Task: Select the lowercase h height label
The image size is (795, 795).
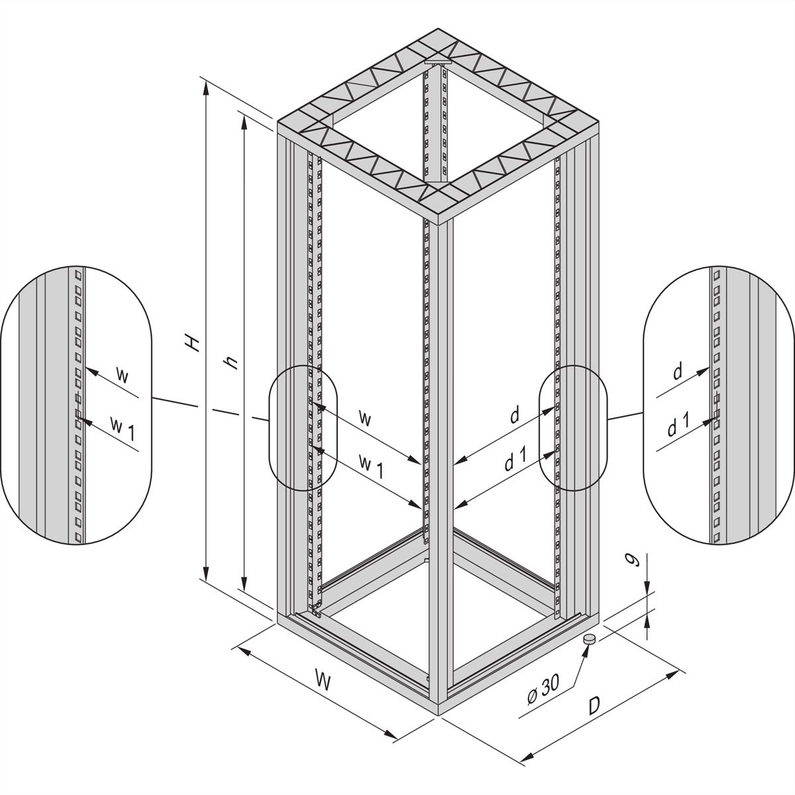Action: click(231, 362)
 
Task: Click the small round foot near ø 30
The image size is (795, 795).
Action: click(589, 639)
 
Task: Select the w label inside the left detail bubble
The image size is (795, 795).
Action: click(121, 375)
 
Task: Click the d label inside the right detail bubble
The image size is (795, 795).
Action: click(677, 373)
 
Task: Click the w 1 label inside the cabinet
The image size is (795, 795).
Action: click(371, 464)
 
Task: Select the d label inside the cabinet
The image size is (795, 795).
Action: click(513, 415)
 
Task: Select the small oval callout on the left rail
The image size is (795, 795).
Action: click(301, 428)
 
